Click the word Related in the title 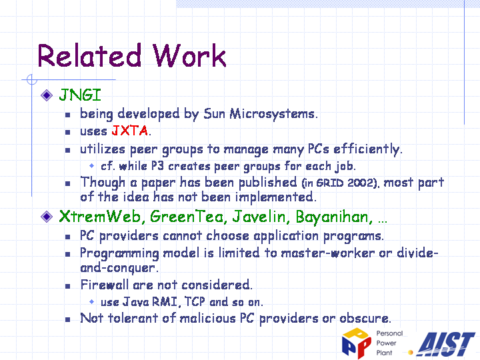pyautogui.click(x=89, y=55)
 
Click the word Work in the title pyautogui.click(x=189, y=55)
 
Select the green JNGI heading pyautogui.click(x=80, y=95)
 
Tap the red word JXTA pyautogui.click(x=130, y=131)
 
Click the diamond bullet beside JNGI pyautogui.click(x=47, y=95)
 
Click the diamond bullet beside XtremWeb pyautogui.click(x=47, y=217)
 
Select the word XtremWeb pyautogui.click(x=100, y=217)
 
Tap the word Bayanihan pyautogui.click(x=334, y=217)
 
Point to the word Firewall pyautogui.click(x=105, y=285)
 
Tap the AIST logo pyautogui.click(x=446, y=344)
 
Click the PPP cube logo pyautogui.click(x=357, y=343)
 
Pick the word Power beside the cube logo pyautogui.click(x=386, y=343)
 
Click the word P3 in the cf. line pyautogui.click(x=157, y=166)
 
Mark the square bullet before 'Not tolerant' pyautogui.click(x=67, y=320)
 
